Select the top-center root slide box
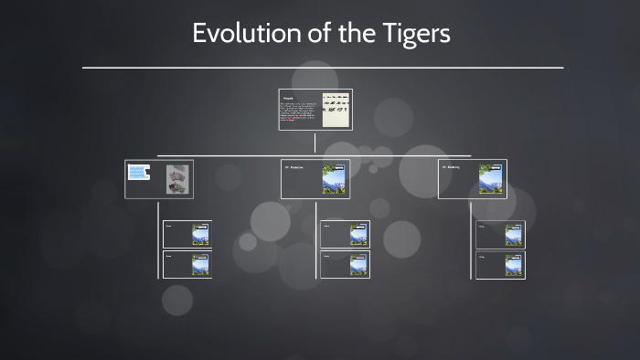315,110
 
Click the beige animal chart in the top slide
336,109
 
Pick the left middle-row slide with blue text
158,179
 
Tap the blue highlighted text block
139,173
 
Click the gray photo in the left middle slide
177,179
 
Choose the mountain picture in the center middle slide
334,179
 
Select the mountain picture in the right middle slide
491,179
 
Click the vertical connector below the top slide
315,143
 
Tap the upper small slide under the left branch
187,234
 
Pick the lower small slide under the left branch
187,265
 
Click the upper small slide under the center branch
345,234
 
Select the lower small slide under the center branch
345,265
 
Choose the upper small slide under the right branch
501,234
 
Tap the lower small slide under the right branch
501,265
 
